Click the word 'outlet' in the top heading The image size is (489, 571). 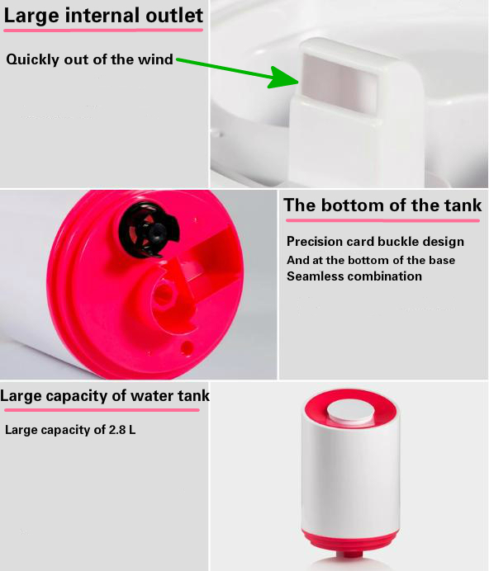[x=174, y=16]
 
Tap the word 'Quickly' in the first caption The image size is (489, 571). [x=33, y=59]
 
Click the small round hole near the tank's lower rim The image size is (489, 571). [x=187, y=347]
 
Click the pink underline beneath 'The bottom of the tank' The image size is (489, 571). [x=382, y=220]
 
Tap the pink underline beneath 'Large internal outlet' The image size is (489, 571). [x=103, y=30]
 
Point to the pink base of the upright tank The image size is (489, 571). [x=350, y=543]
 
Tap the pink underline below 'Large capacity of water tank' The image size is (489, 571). [x=102, y=410]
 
